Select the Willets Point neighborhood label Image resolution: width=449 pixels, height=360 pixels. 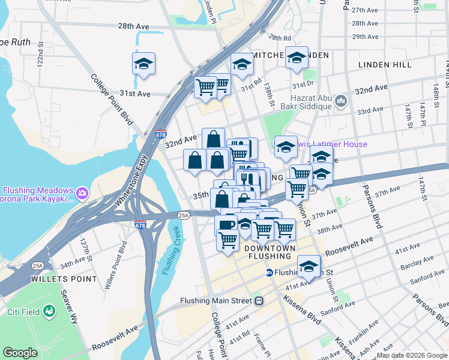[x=65, y=279]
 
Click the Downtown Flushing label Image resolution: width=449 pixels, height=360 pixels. [x=269, y=253]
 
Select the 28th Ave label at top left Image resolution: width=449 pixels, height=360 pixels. [x=133, y=26]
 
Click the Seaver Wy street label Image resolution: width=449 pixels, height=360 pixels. [x=70, y=307]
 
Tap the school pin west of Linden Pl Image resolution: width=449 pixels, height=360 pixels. [x=143, y=64]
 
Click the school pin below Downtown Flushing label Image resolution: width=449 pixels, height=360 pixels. [x=309, y=266]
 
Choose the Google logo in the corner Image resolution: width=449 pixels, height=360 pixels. [x=20, y=353]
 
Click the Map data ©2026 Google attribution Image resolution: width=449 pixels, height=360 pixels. [x=412, y=355]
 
